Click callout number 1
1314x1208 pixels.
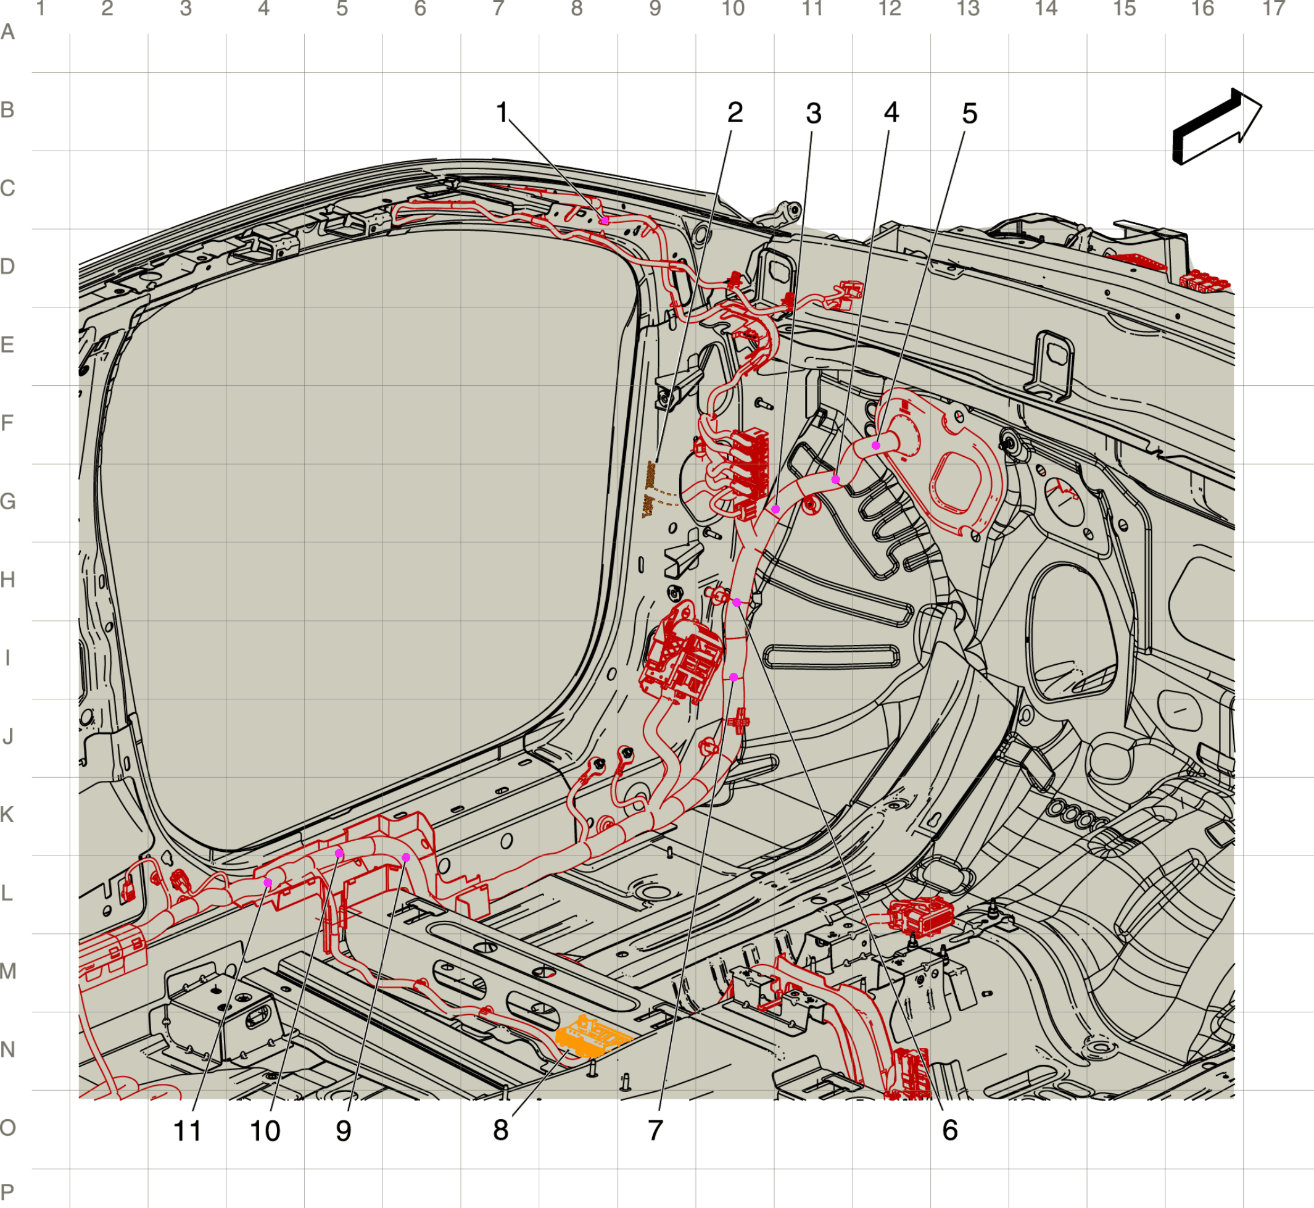point(502,112)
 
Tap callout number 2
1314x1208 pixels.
point(735,112)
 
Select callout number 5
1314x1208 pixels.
point(970,113)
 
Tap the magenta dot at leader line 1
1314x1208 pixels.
point(605,220)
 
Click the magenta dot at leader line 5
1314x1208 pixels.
point(875,445)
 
